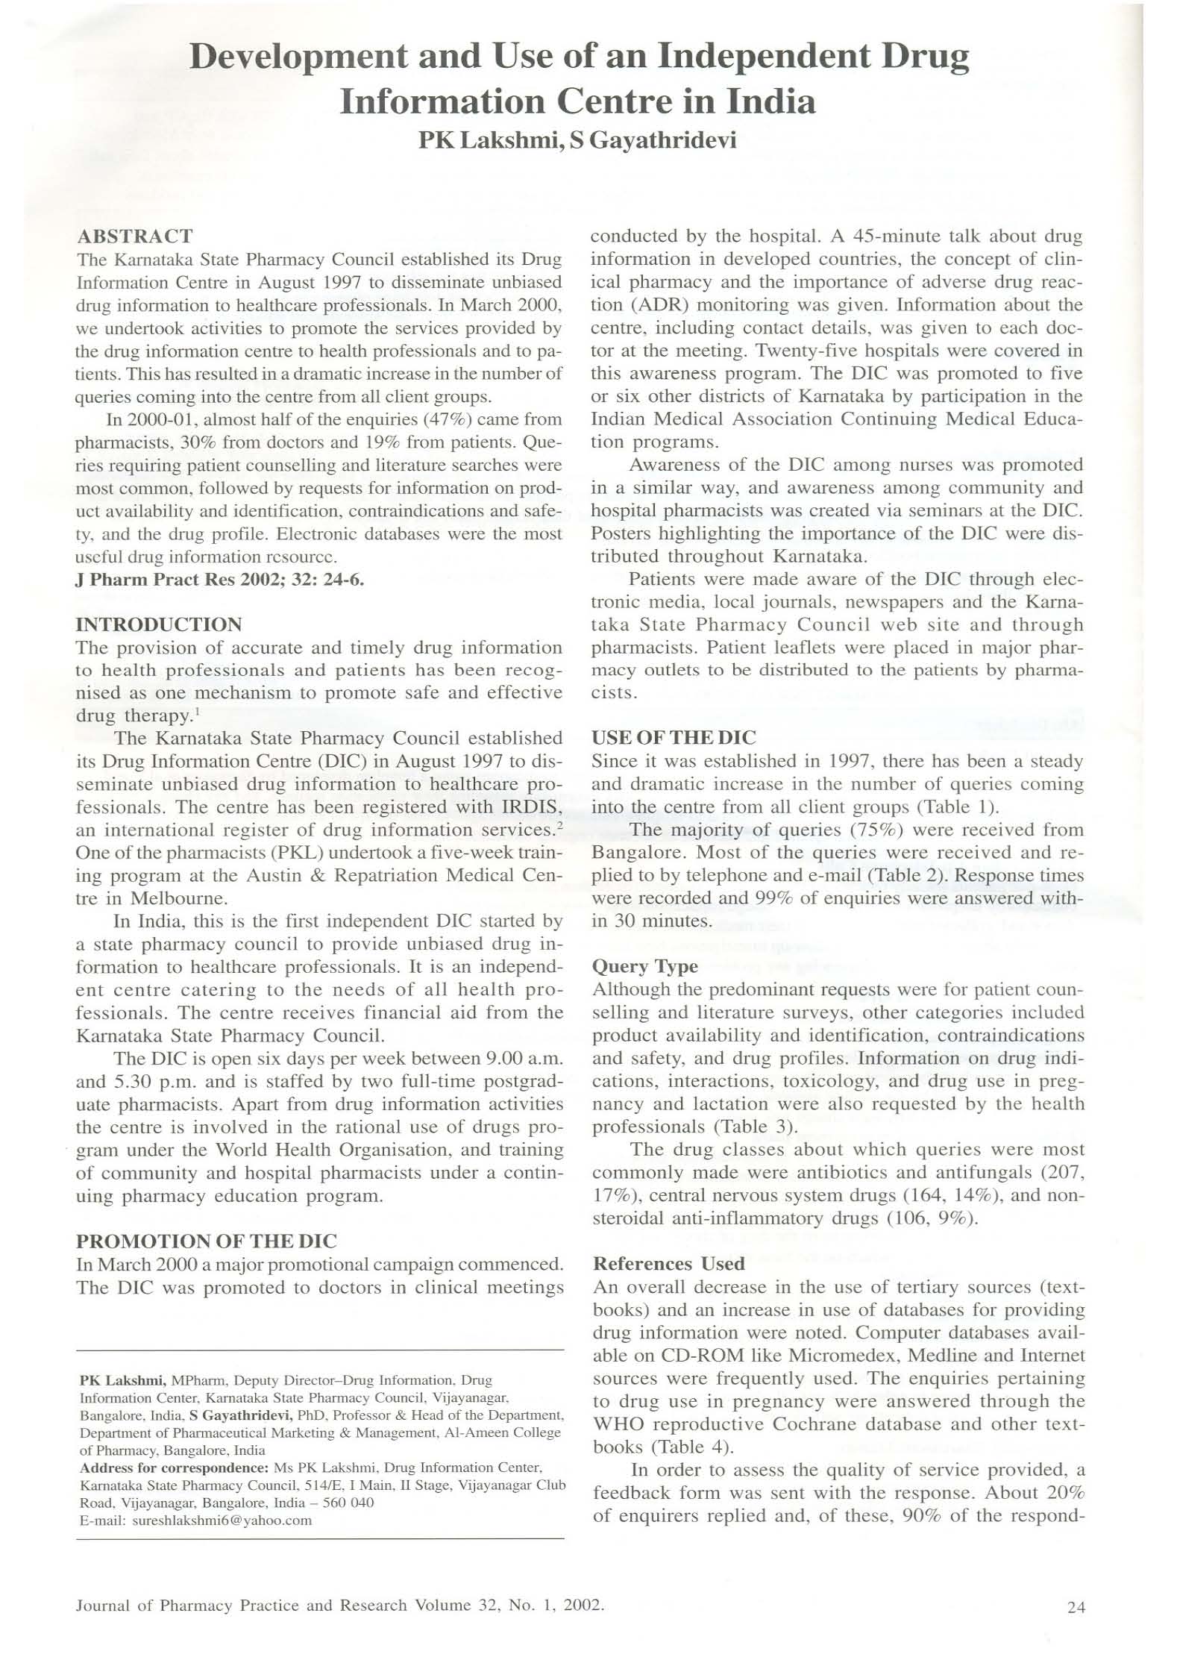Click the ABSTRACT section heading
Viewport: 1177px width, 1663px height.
point(135,237)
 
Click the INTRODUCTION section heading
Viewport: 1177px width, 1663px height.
point(159,624)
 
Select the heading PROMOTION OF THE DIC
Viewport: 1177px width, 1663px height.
point(207,1241)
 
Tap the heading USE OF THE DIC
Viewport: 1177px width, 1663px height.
point(674,738)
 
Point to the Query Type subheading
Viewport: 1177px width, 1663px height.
point(644,966)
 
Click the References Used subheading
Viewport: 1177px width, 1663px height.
point(668,1264)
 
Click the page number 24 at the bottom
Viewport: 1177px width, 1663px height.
point(1076,1608)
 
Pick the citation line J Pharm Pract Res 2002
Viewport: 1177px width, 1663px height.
point(220,580)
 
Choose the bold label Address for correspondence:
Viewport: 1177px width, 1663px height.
point(174,1468)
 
